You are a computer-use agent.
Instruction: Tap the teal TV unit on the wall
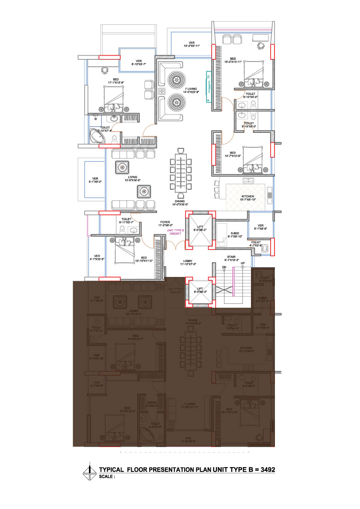pos(208,88)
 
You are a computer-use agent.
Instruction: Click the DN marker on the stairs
pos(224,267)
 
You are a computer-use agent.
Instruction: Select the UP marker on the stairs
pos(243,263)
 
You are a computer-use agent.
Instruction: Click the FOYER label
pos(165,222)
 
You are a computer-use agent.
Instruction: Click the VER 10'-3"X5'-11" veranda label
pos(192,44)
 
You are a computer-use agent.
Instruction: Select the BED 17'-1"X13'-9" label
pos(115,81)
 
